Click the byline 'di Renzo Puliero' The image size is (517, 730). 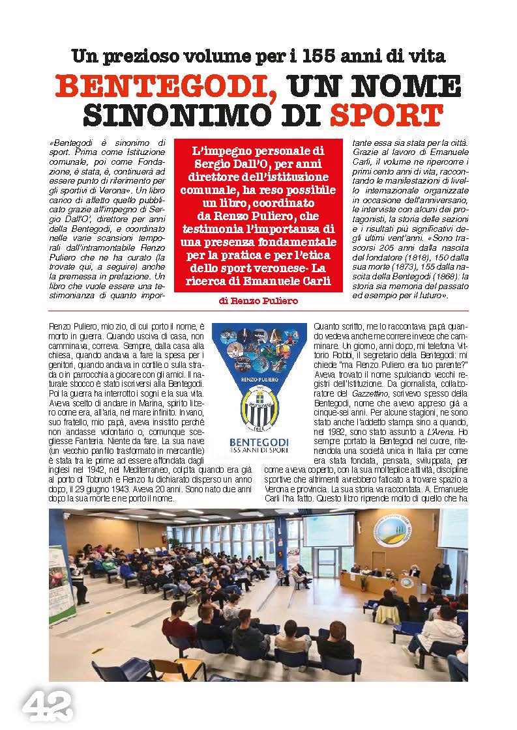[259, 301]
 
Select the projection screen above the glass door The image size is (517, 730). [328, 529]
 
